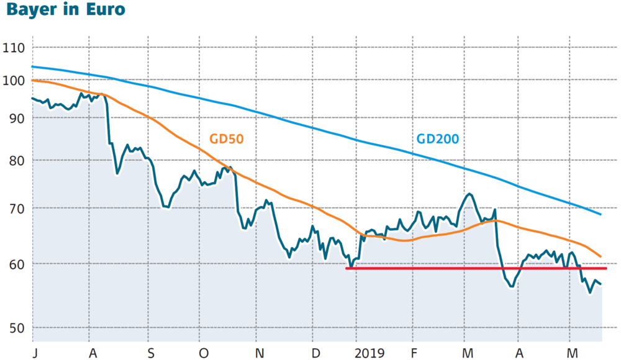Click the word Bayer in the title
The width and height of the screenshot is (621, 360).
pos(31,9)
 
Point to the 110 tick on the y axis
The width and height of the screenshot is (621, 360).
pos(14,48)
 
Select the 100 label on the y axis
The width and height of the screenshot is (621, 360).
pos(14,81)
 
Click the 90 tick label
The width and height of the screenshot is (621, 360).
pos(17,118)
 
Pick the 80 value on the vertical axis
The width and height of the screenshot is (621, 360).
pos(17,161)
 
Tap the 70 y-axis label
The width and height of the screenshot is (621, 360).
pos(17,209)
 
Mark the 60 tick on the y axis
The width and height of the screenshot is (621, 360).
pos(17,264)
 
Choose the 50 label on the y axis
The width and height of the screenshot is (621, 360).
pos(17,328)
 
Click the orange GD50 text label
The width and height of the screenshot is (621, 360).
pos(226,139)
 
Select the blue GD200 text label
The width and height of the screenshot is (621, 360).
pos(438,139)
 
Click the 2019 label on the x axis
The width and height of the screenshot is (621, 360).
pos(369,353)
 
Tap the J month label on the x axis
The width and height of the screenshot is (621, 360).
pos(35,353)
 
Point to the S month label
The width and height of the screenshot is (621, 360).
pos(150,353)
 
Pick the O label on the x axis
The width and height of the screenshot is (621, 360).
pos(204,353)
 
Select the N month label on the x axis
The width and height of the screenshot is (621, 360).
pos(260,353)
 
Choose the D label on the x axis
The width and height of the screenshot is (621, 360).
pos(315,353)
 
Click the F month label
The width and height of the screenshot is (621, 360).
pos(414,353)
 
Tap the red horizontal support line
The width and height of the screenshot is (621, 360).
pos(476,269)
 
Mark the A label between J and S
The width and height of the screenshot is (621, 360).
pos(93,353)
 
